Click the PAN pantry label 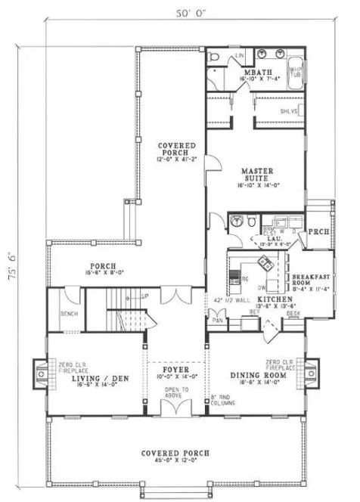pos(216,321)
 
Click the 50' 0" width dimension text pos(182,13)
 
